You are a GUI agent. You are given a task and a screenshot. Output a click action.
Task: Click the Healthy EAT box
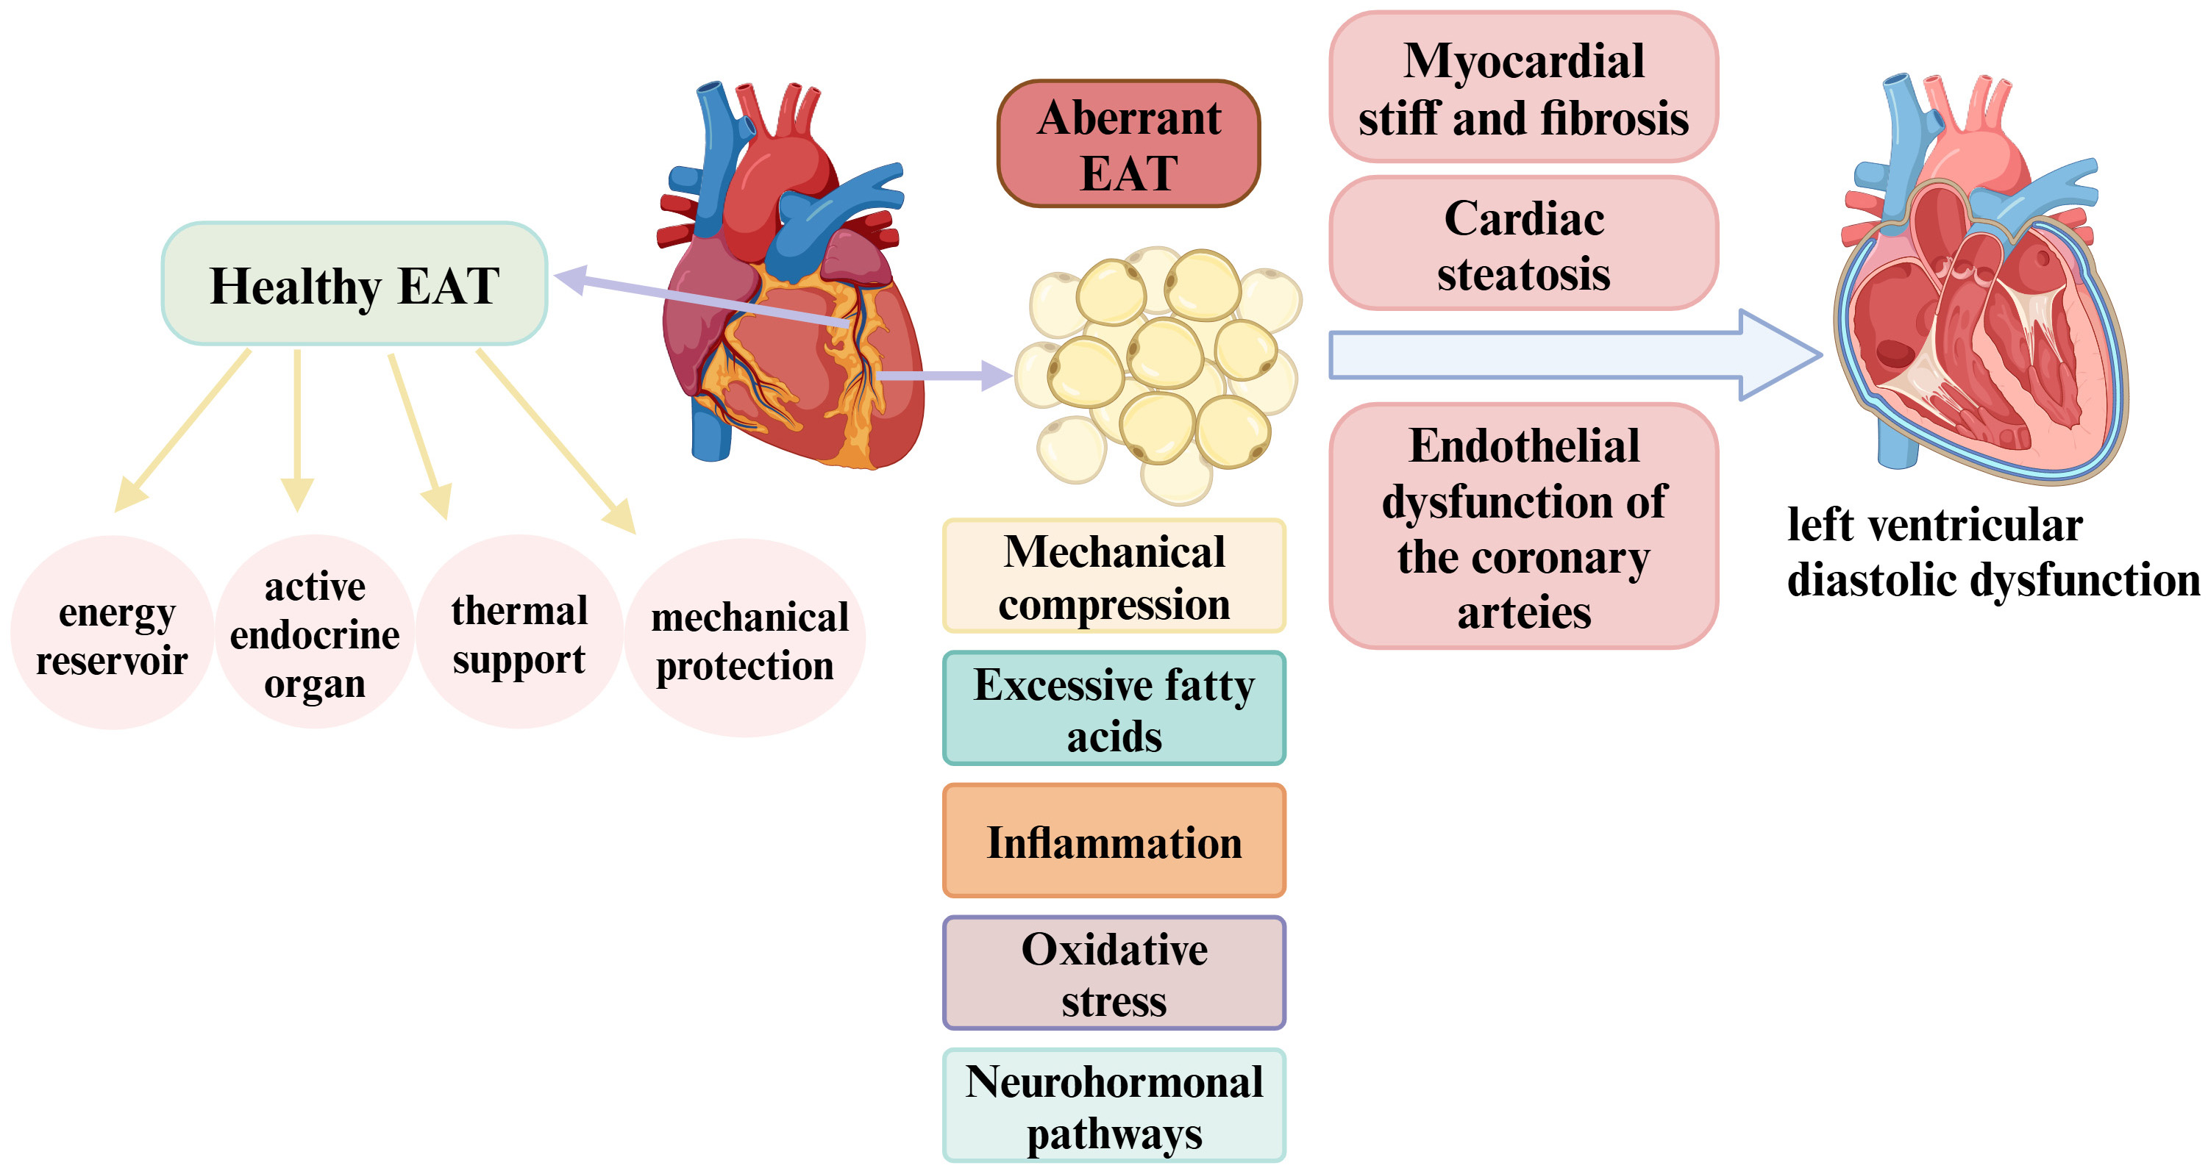click(354, 284)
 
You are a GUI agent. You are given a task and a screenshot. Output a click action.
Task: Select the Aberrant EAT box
click(1128, 144)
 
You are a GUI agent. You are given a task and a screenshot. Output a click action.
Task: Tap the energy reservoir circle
click(113, 633)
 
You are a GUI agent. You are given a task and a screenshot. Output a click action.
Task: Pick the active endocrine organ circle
click(315, 633)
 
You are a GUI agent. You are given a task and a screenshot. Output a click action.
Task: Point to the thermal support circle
click(519, 633)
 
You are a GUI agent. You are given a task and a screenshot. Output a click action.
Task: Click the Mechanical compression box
click(1114, 576)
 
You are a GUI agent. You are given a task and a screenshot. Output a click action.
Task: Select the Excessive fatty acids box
click(1114, 709)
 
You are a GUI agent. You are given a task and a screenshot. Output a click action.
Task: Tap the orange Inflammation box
click(1114, 842)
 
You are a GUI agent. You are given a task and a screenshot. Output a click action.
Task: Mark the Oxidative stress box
click(1114, 973)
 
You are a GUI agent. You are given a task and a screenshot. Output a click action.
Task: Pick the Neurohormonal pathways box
click(1114, 1106)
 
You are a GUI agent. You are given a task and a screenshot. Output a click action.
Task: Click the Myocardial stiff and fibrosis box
click(1523, 87)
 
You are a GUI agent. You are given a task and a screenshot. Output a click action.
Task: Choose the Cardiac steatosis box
click(1523, 244)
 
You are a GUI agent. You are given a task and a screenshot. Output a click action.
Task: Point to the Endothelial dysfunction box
click(1523, 526)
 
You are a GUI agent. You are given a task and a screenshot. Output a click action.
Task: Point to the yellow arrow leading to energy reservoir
click(185, 429)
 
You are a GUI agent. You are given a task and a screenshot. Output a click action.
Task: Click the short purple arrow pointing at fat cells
click(943, 376)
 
